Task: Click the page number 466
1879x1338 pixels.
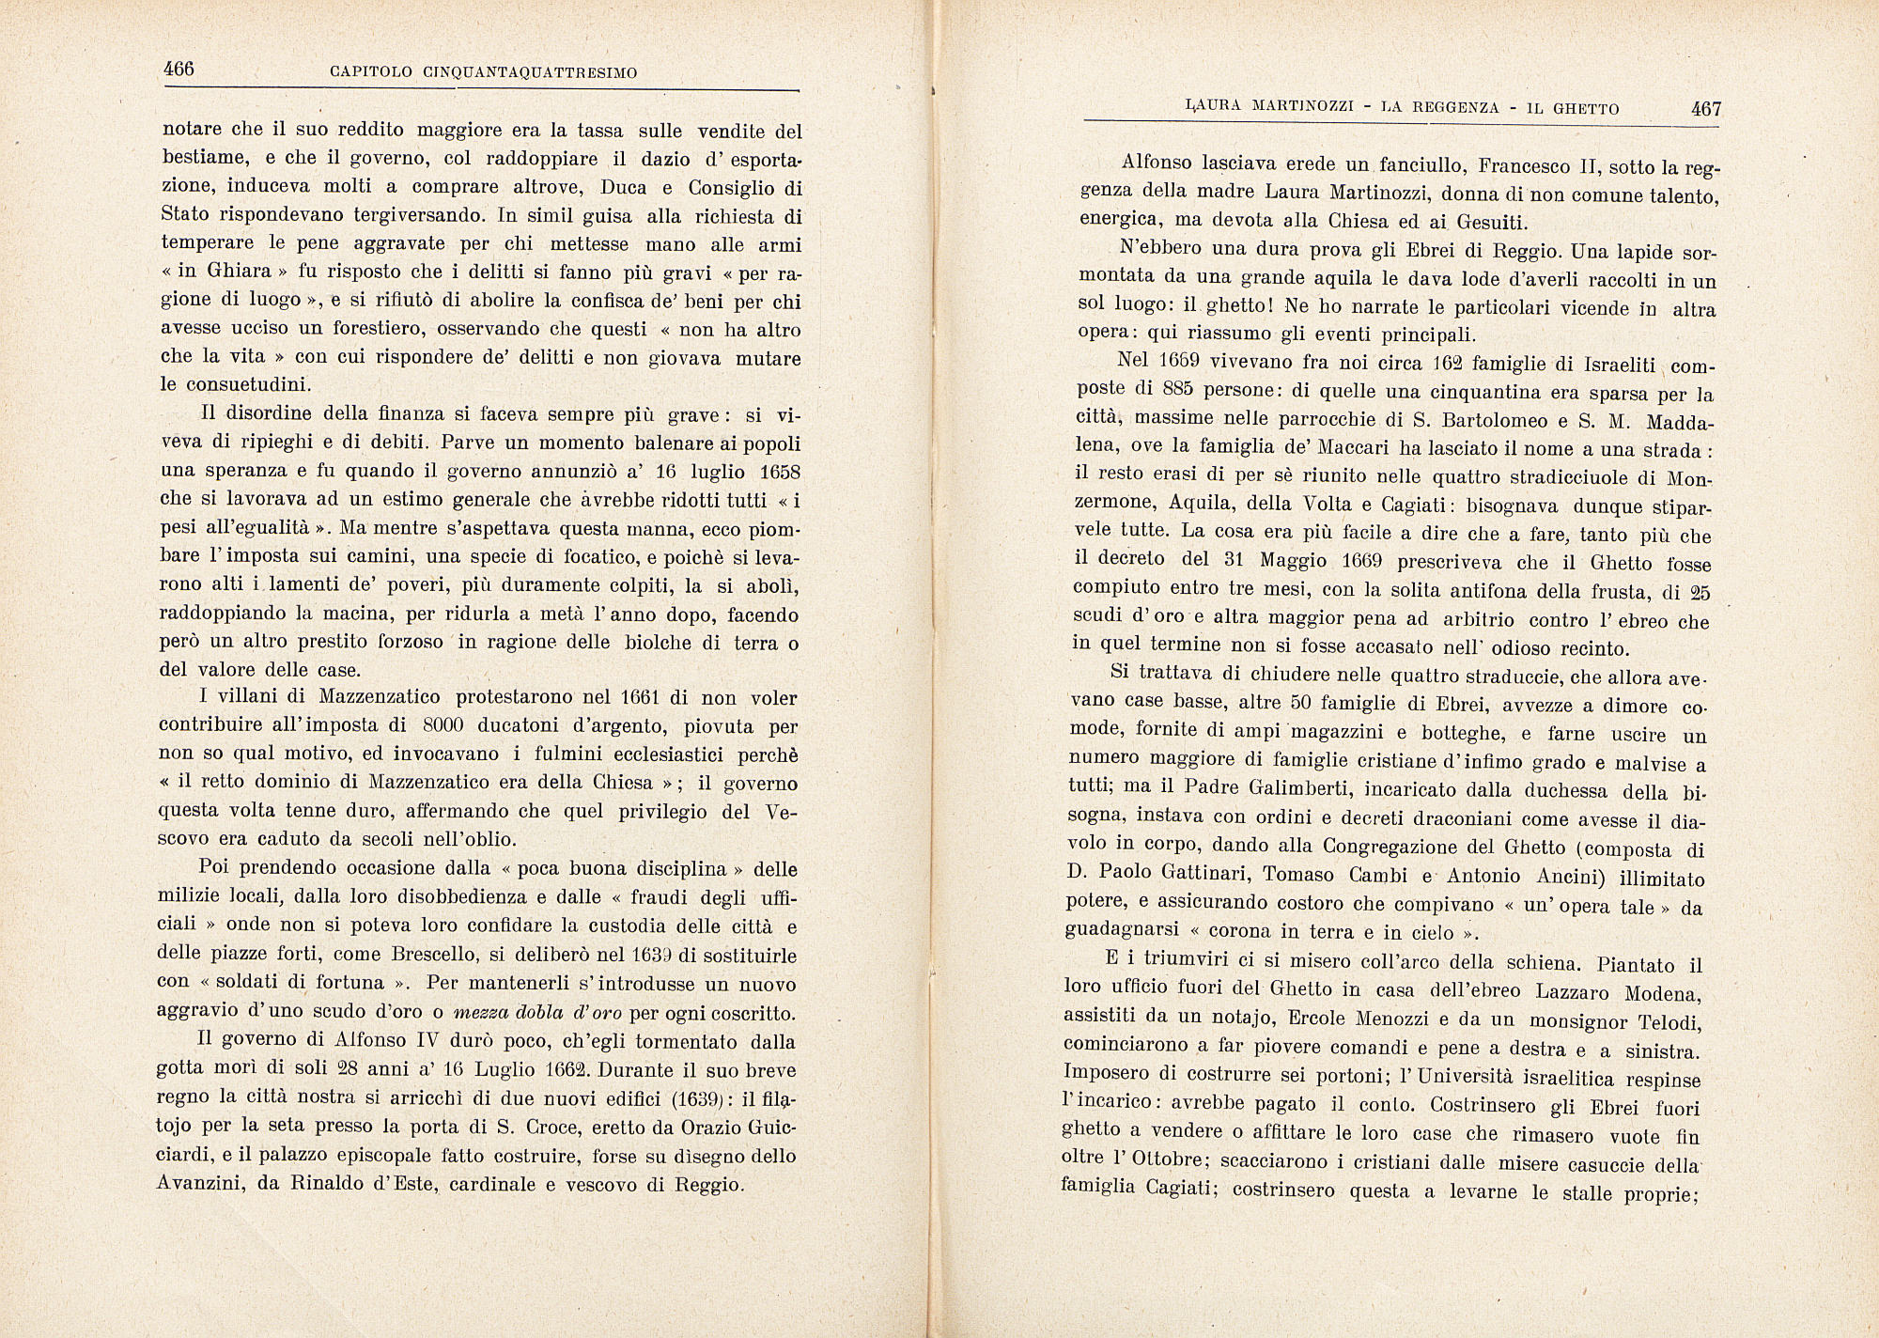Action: click(179, 70)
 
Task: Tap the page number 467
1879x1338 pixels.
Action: click(1705, 108)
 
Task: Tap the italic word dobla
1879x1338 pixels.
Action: click(541, 1013)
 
